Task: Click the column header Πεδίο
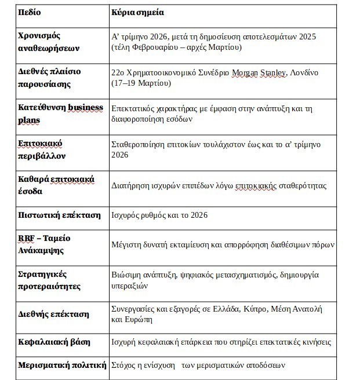30,12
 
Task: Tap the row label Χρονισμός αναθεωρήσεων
48,41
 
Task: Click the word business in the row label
85,108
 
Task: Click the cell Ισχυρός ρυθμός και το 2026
159,215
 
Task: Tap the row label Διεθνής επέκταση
54,314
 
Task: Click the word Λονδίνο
304,72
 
